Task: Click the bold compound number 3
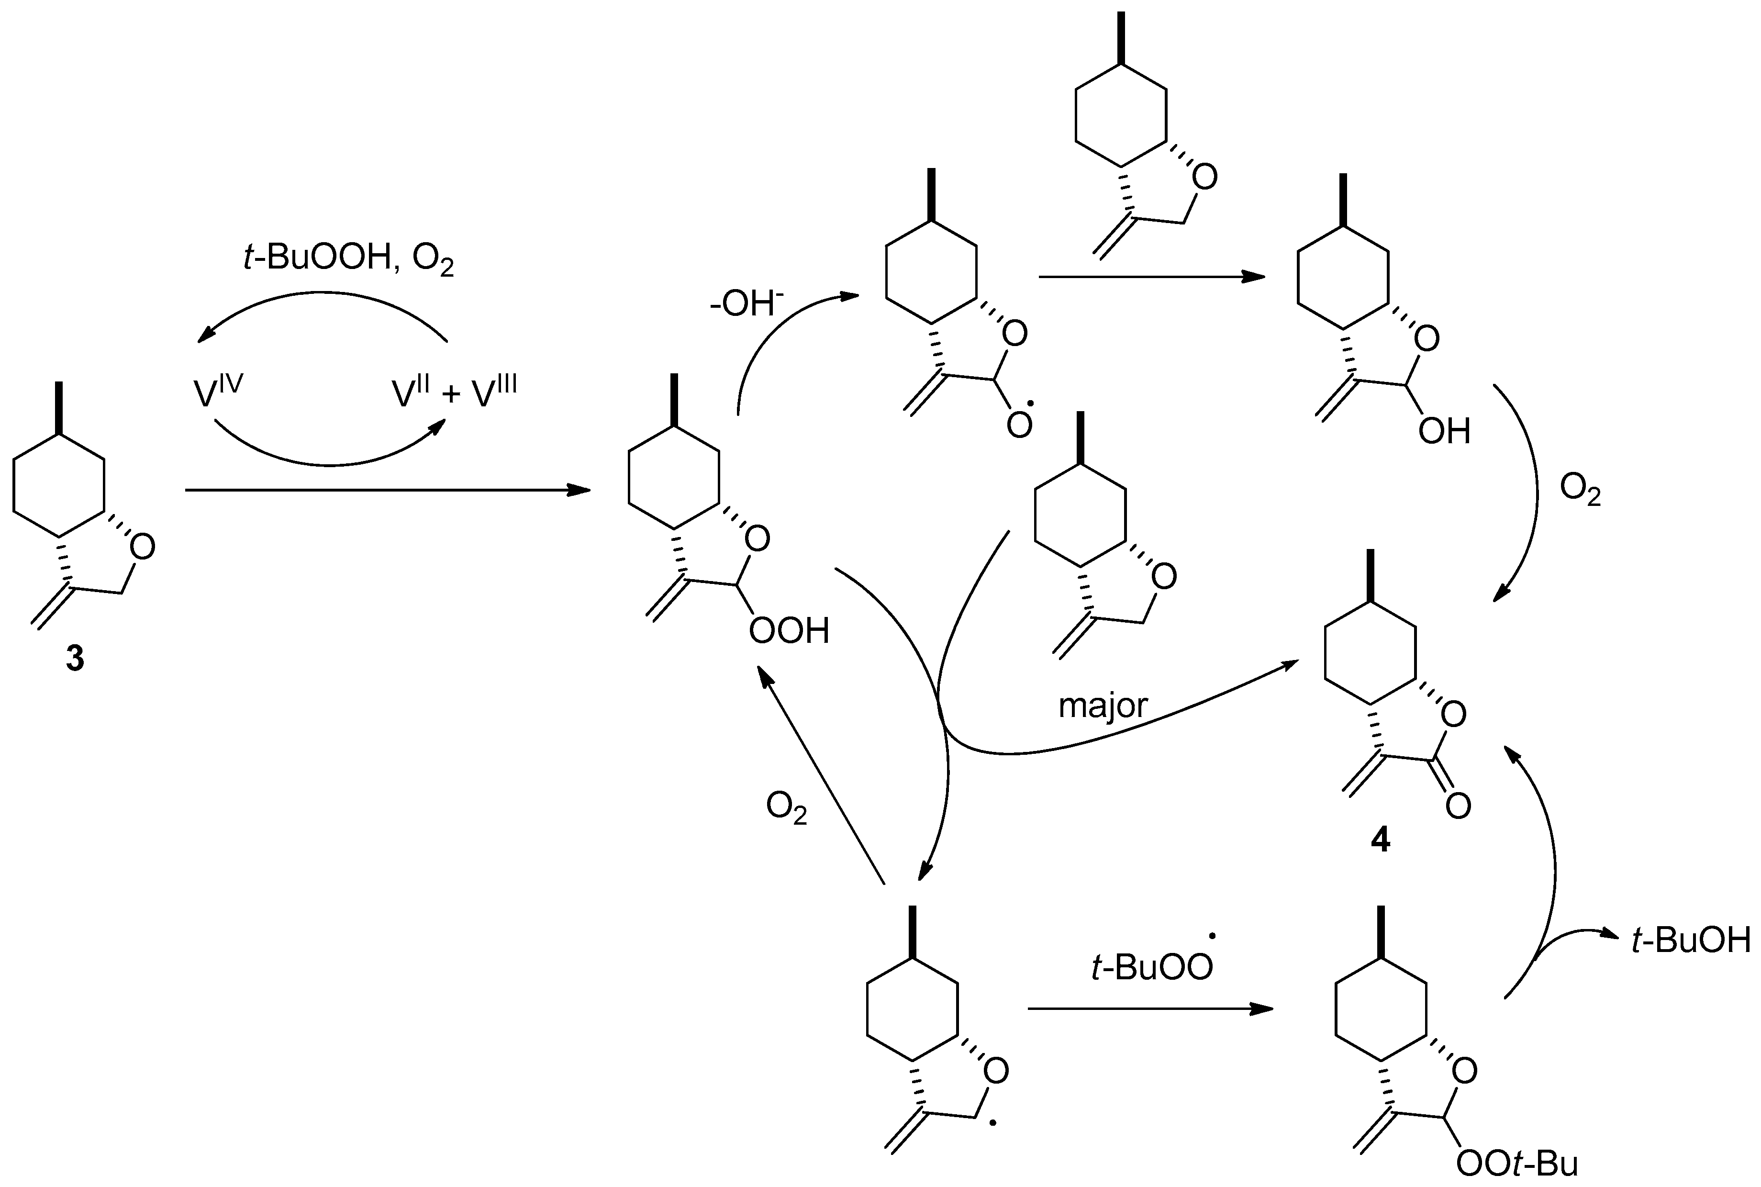(x=75, y=659)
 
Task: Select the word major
(x=1103, y=705)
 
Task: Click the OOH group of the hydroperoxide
(x=789, y=631)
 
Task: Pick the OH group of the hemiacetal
(x=1443, y=432)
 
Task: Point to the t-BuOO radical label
(x=1152, y=967)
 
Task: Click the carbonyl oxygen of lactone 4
(x=1458, y=806)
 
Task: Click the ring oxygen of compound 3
(x=142, y=547)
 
